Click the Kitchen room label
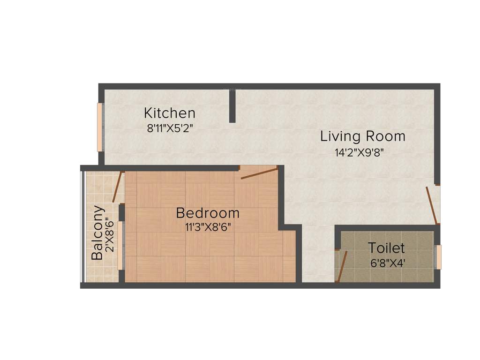pyautogui.click(x=169, y=113)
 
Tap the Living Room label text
pyautogui.click(x=362, y=136)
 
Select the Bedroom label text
pyautogui.click(x=208, y=213)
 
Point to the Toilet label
pyautogui.click(x=386, y=247)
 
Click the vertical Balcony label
pyautogui.click(x=97, y=233)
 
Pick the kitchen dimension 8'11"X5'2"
pyautogui.click(x=170, y=128)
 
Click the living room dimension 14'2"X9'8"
pyautogui.click(x=362, y=152)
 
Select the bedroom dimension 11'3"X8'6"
pyautogui.click(x=208, y=228)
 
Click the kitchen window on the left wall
pyautogui.click(x=99, y=127)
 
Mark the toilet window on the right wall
pyautogui.click(x=439, y=257)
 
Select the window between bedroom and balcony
pyautogui.click(x=120, y=245)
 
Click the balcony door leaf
pyautogui.click(x=117, y=187)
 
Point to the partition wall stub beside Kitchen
pyautogui.click(x=232, y=105)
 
